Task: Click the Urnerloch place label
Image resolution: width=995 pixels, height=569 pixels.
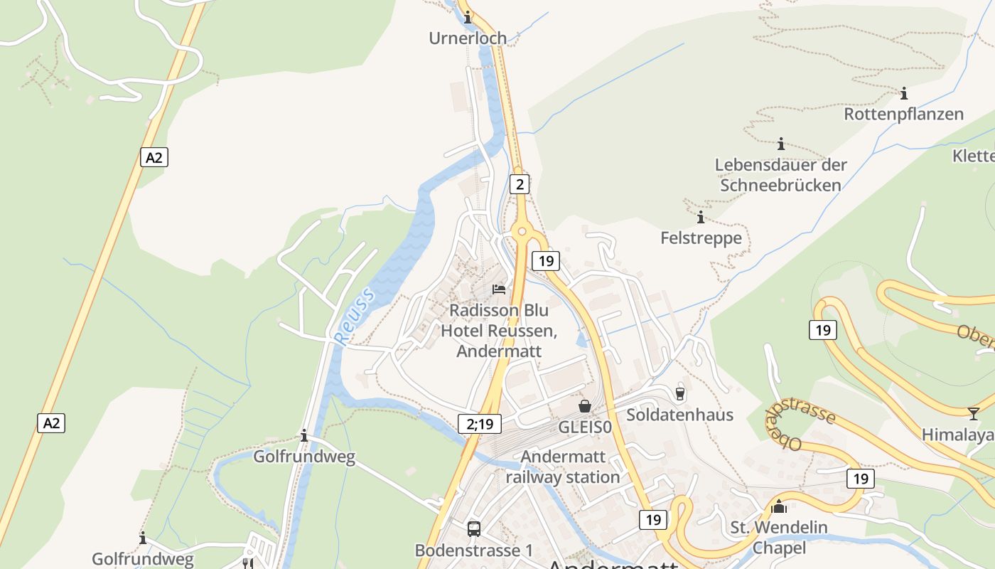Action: pyautogui.click(x=468, y=38)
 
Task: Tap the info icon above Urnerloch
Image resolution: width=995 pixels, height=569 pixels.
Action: pyautogui.click(x=468, y=18)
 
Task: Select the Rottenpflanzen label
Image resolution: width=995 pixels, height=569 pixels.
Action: pyautogui.click(x=903, y=114)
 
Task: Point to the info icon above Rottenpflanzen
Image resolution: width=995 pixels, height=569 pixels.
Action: pyautogui.click(x=904, y=93)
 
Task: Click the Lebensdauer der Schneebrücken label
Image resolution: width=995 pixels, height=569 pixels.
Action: pyautogui.click(x=780, y=175)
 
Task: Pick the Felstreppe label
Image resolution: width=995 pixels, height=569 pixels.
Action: pyautogui.click(x=701, y=238)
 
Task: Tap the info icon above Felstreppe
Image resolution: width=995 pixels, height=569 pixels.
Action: pyautogui.click(x=701, y=217)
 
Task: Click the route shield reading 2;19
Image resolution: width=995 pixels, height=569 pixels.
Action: pyautogui.click(x=480, y=424)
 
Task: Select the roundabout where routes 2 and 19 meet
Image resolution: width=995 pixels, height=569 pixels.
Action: pyautogui.click(x=522, y=230)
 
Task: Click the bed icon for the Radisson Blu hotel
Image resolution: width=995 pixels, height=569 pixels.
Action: pyautogui.click(x=500, y=289)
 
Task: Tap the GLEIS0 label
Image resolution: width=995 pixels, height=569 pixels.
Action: pyautogui.click(x=584, y=427)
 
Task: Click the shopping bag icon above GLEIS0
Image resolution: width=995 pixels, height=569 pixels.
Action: pyautogui.click(x=585, y=406)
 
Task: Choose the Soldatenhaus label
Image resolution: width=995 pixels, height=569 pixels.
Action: pyautogui.click(x=679, y=415)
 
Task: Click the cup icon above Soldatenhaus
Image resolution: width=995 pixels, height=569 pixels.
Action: pyautogui.click(x=680, y=393)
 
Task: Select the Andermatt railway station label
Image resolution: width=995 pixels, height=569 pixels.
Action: pyautogui.click(x=563, y=467)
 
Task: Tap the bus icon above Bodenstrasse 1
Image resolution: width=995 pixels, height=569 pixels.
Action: pyautogui.click(x=474, y=529)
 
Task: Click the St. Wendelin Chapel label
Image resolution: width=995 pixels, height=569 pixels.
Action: pyautogui.click(x=779, y=538)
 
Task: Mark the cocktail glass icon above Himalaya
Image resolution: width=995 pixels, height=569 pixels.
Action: pyautogui.click(x=973, y=414)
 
